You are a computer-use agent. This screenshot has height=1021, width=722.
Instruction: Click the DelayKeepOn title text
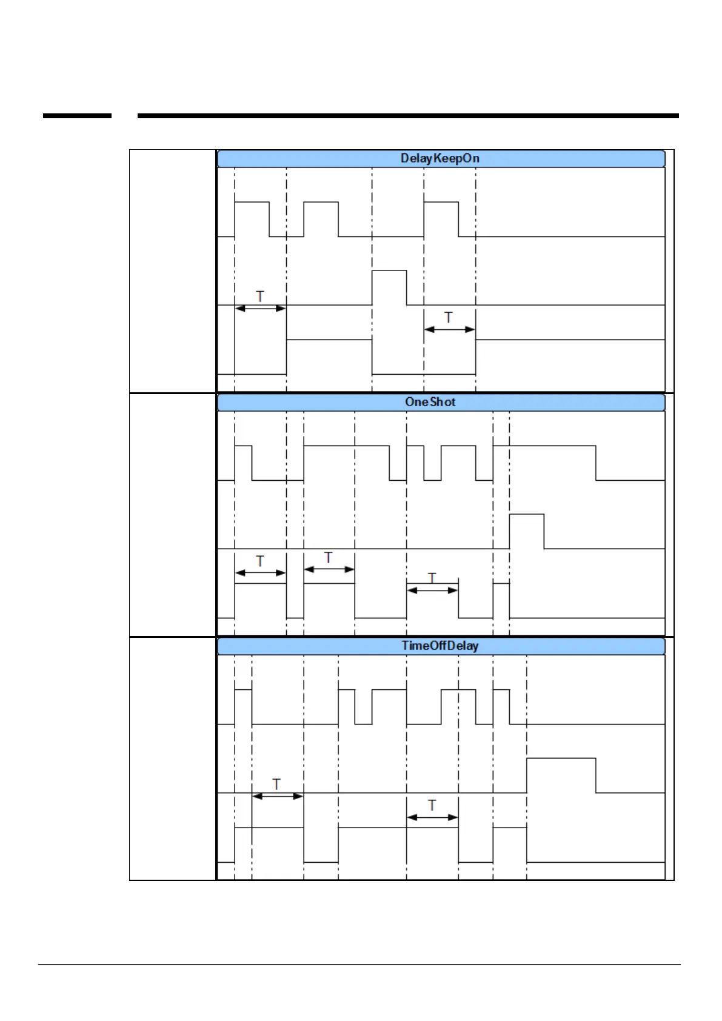coord(440,158)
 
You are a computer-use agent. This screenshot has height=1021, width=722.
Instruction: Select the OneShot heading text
coord(430,402)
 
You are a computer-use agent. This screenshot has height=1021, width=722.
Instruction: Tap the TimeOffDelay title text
coord(440,646)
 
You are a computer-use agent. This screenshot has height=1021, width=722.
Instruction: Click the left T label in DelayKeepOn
coord(260,296)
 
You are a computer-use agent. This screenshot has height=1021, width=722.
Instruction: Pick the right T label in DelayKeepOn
coord(449,317)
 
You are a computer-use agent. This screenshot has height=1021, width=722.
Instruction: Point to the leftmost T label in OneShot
coord(260,561)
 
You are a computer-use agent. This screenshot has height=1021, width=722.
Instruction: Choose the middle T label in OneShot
coord(329,557)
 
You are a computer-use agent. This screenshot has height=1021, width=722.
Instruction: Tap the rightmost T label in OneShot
coord(432,577)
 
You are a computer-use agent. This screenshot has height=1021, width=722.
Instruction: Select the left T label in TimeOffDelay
coord(276,784)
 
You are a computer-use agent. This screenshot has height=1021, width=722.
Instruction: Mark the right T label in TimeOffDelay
coord(432,805)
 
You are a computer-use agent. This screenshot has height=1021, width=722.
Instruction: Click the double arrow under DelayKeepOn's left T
coord(260,308)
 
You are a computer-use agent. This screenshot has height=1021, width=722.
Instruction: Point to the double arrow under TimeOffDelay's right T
coord(432,817)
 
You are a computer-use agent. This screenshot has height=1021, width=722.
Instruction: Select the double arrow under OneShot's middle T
coord(329,569)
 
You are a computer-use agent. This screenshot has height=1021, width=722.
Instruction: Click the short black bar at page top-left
coord(77,115)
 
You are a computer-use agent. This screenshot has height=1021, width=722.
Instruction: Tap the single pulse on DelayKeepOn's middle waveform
coord(389,287)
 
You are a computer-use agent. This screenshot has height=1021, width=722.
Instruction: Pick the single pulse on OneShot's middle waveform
coord(526,531)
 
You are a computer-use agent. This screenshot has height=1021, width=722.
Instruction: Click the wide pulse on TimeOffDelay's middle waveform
coord(561,775)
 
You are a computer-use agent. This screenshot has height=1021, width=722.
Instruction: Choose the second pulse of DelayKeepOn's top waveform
coord(321,219)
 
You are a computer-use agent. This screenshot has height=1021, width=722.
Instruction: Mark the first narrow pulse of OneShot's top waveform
coord(243,463)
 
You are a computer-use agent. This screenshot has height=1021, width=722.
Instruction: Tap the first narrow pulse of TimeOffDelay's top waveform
coord(243,706)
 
